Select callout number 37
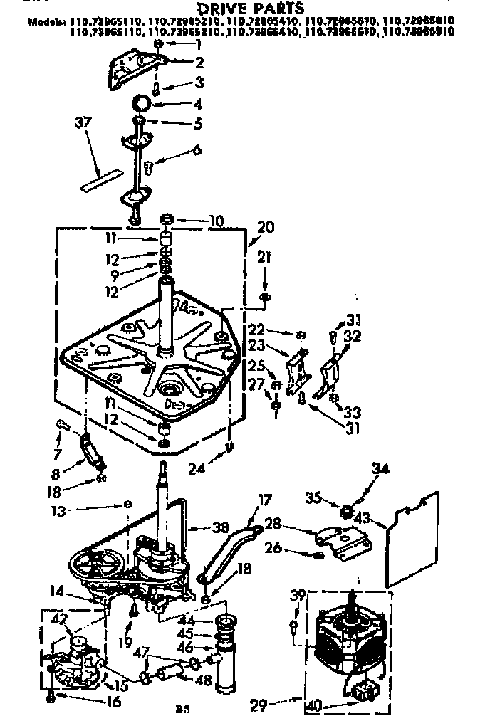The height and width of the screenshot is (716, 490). coord(83,123)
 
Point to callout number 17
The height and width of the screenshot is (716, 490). coord(265,501)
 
